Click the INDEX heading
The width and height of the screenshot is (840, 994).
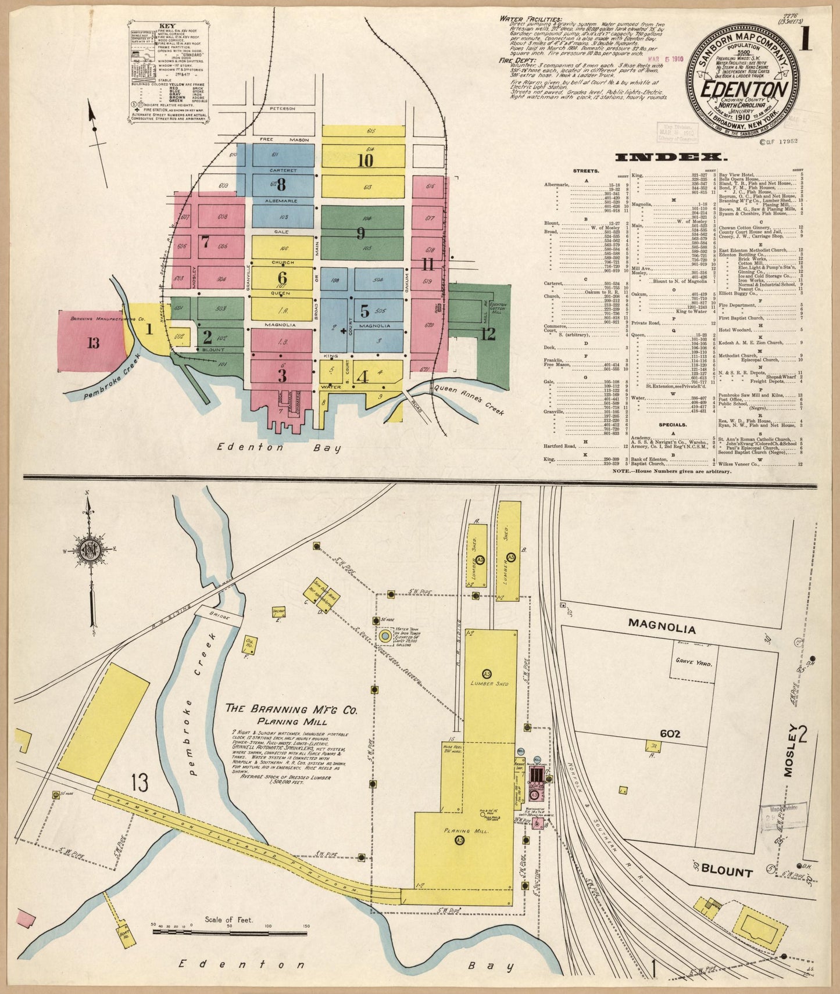(670, 157)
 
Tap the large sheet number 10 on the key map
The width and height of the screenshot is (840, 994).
(365, 160)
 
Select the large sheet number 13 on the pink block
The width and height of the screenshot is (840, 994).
(93, 343)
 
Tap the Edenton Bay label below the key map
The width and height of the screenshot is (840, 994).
(279, 447)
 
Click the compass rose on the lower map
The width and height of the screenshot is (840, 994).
(91, 549)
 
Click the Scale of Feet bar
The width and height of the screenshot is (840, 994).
(230, 949)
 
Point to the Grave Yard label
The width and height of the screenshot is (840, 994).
(694, 662)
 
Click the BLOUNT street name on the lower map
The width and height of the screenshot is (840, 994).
(727, 871)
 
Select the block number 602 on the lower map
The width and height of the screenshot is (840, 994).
(670, 734)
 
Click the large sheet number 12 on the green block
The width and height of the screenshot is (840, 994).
(488, 333)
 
